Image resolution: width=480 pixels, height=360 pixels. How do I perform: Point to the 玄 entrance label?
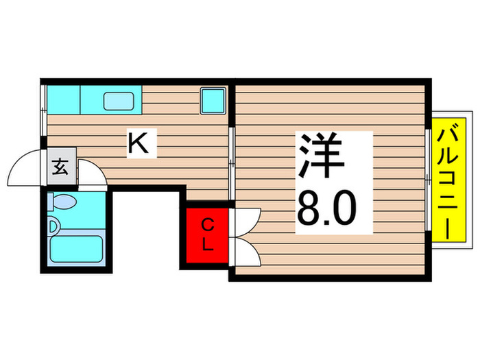pos(60,167)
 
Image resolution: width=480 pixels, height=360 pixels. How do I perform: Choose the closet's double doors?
pos(244,237)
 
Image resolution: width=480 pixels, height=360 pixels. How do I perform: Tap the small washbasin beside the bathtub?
pos(53,224)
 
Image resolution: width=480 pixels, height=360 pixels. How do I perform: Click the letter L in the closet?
pos(208,245)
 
